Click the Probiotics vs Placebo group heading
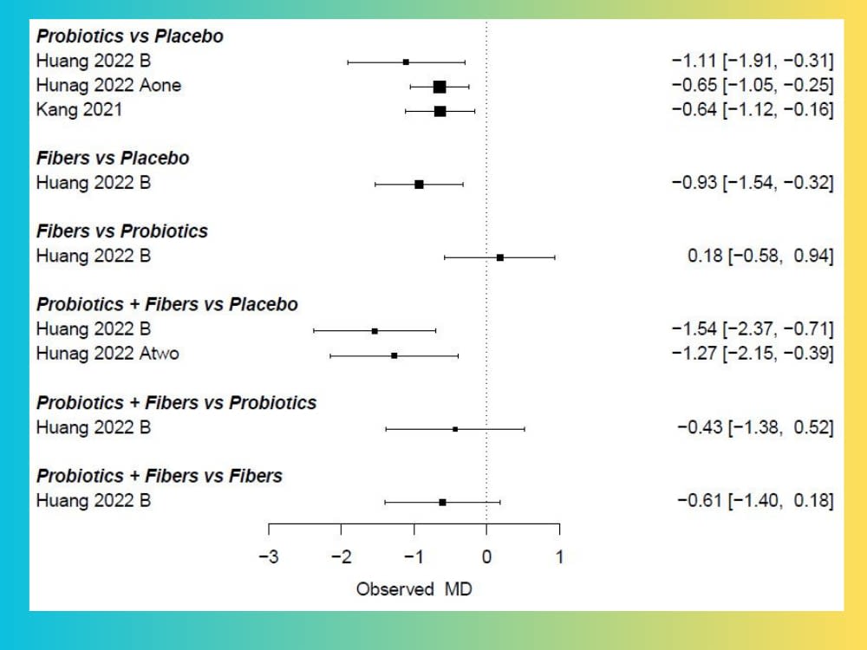(x=129, y=36)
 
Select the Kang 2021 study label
(x=79, y=110)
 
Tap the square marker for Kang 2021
(x=440, y=111)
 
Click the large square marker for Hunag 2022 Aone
(x=440, y=87)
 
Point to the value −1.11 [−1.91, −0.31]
(x=752, y=61)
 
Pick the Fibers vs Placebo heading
(x=113, y=159)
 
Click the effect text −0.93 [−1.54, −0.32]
(x=752, y=183)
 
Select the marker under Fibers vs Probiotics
(x=500, y=257)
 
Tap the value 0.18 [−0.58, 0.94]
(x=759, y=257)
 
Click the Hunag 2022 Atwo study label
(x=108, y=354)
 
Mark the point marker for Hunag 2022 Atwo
(x=394, y=355)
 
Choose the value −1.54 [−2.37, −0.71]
(x=752, y=329)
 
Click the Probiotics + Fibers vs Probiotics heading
(x=176, y=403)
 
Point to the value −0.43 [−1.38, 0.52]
(x=754, y=427)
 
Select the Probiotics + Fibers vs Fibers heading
(x=159, y=476)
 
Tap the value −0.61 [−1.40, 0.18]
(x=754, y=500)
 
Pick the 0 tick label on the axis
(x=486, y=556)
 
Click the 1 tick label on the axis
(x=559, y=556)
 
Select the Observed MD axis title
(x=414, y=589)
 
